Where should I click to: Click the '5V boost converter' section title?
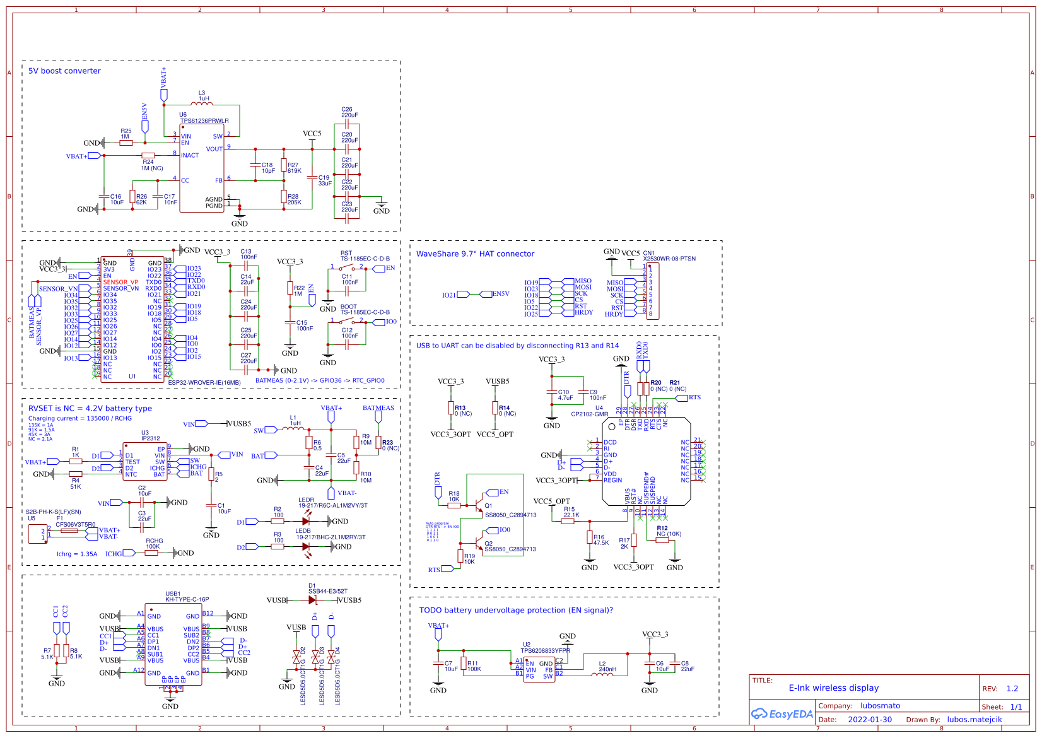(x=64, y=71)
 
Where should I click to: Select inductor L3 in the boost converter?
(x=202, y=104)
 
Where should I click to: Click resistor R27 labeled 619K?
(x=284, y=166)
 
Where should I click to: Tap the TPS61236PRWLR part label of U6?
(x=204, y=121)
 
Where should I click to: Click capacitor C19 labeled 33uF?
(x=312, y=178)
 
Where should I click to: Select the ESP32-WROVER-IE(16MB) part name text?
(x=204, y=382)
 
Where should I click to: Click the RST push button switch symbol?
(x=346, y=268)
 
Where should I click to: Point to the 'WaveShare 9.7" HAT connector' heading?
(x=475, y=254)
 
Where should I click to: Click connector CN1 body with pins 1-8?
(x=653, y=291)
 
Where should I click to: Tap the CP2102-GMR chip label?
(x=589, y=414)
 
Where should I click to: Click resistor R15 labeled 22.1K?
(x=568, y=521)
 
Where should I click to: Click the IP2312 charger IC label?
(x=150, y=438)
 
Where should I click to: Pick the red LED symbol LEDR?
(x=306, y=521)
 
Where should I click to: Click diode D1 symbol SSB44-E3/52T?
(x=313, y=600)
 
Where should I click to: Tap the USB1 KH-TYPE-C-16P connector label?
(x=187, y=600)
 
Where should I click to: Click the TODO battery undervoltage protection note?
(x=515, y=611)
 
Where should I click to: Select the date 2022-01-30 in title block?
(x=869, y=720)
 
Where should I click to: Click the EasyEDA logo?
(x=781, y=714)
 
